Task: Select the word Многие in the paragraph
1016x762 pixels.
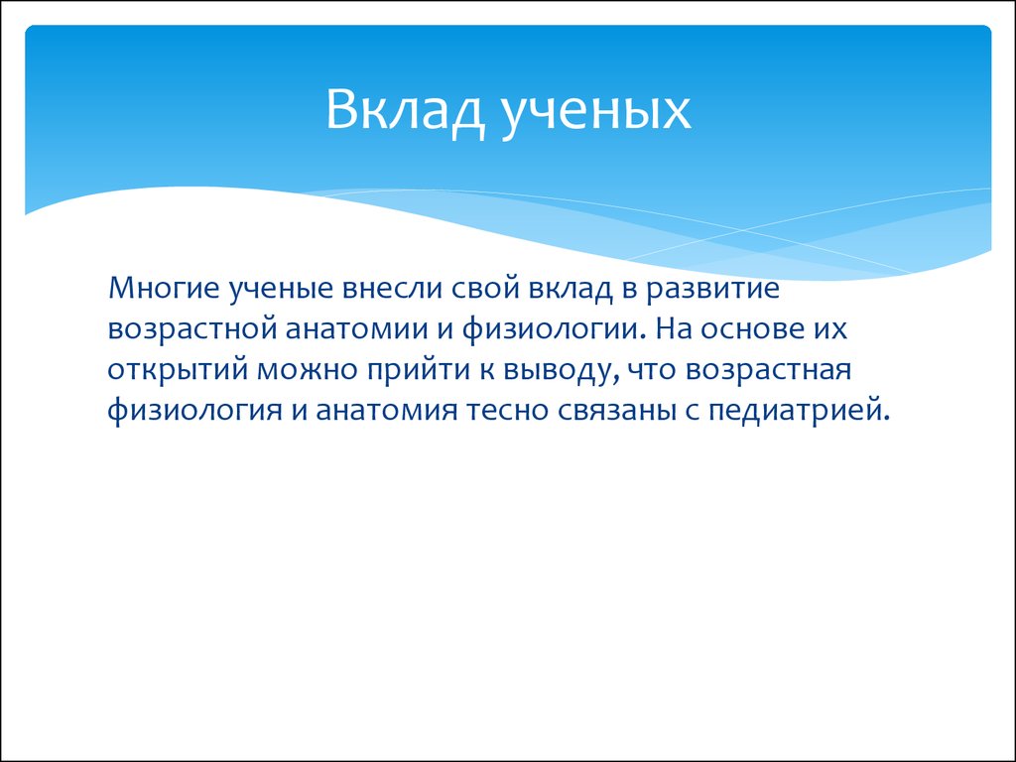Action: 164,288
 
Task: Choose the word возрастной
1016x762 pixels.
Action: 191,329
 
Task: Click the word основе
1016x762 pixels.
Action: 758,329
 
